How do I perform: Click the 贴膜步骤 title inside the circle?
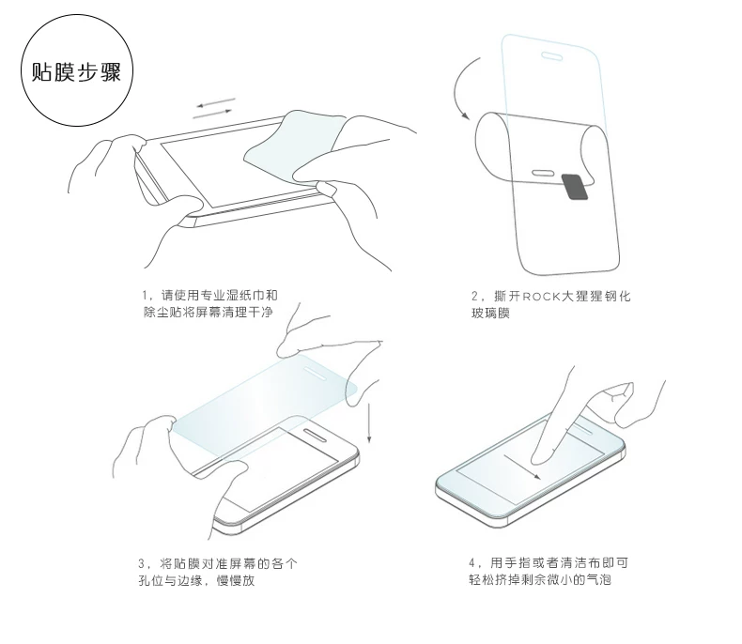point(77,72)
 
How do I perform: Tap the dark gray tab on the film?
point(575,186)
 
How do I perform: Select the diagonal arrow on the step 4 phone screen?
point(522,468)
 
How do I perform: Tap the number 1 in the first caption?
point(146,296)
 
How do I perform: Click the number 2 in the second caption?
point(474,297)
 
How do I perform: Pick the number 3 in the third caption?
point(142,563)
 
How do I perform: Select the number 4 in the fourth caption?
point(471,562)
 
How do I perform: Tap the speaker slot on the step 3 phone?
point(315,435)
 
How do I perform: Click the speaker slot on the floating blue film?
point(315,372)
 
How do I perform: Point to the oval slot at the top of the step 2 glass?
point(551,56)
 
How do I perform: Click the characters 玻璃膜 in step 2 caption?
point(490,313)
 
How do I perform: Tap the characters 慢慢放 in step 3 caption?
point(236,580)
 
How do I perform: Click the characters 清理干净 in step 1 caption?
point(247,312)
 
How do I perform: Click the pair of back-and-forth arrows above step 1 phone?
point(214,108)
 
